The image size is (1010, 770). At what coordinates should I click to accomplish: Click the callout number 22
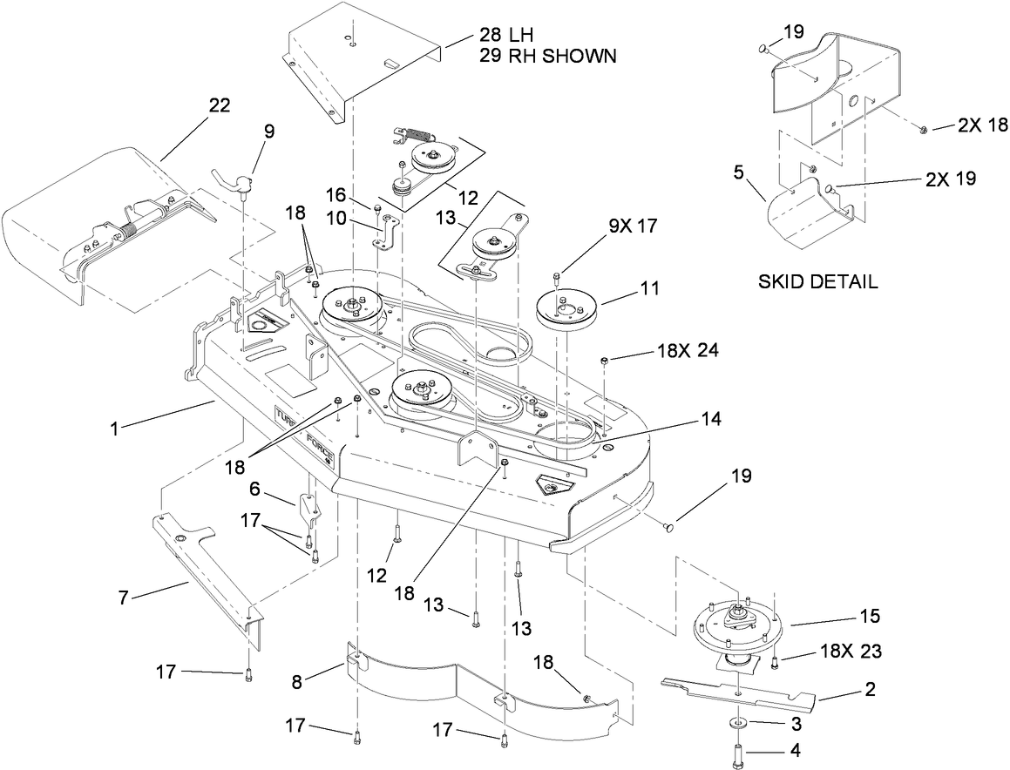tap(218, 105)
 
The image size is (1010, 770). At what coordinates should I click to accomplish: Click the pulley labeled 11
tap(565, 310)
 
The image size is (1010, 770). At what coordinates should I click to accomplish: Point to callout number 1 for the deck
tap(114, 428)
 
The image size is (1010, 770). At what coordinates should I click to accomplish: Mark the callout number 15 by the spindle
tap(869, 617)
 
